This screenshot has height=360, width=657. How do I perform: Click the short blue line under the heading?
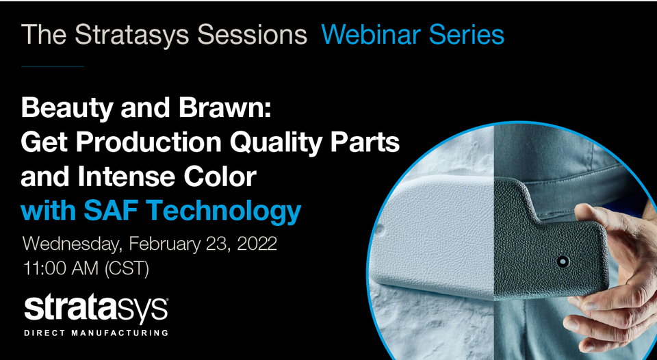pyautogui.click(x=53, y=66)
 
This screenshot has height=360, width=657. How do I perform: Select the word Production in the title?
pyautogui.click(x=149, y=143)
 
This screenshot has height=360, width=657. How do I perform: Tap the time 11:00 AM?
pyautogui.click(x=60, y=269)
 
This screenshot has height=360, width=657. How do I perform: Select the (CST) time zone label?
pyautogui.click(x=127, y=269)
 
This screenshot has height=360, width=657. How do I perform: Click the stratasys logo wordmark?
pyautogui.click(x=96, y=310)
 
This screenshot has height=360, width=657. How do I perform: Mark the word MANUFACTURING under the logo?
pyautogui.click(x=120, y=333)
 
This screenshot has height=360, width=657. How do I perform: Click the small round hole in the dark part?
pyautogui.click(x=563, y=262)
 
